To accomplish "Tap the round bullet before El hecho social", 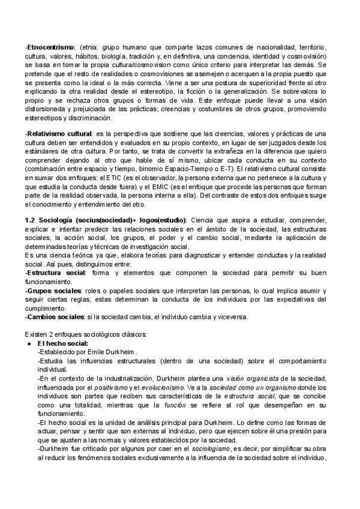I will [x=29, y=343].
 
